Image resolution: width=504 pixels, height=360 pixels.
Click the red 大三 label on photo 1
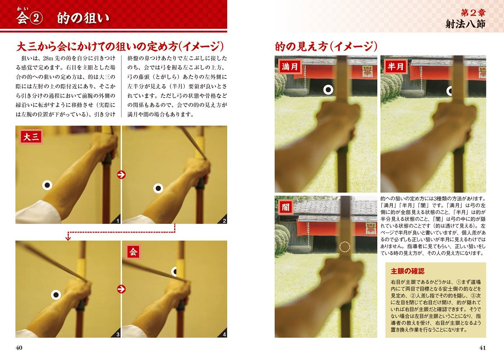coord(31,137)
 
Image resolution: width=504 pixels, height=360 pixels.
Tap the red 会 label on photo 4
coord(133,252)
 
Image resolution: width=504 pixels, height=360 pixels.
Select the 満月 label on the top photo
coord(290,67)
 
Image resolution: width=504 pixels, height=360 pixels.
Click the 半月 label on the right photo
coord(396,67)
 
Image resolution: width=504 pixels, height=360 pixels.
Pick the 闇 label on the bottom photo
coord(285,207)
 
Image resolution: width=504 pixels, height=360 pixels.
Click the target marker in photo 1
coord(47,185)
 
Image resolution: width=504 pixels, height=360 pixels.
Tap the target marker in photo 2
coord(158,188)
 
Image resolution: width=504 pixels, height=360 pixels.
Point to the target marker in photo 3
coord(56,295)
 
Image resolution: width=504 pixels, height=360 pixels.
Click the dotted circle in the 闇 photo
coord(345,247)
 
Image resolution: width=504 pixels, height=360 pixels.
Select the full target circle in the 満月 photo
coord(328,90)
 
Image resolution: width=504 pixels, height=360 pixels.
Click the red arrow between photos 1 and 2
coord(121,175)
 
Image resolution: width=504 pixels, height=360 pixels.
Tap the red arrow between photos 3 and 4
coord(121,289)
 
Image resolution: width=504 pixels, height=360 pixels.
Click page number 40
coord(19,347)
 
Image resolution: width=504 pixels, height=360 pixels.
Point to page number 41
coord(482,347)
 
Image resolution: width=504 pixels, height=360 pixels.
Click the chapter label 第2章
coord(473,13)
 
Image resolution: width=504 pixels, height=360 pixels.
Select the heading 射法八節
coord(465,24)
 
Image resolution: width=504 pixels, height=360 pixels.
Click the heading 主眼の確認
coord(408,271)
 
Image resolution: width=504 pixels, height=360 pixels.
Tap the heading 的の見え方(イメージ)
coord(326,46)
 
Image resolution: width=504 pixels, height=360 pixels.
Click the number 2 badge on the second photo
coord(224,221)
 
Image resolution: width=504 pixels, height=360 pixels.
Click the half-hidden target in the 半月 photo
coord(450,91)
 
